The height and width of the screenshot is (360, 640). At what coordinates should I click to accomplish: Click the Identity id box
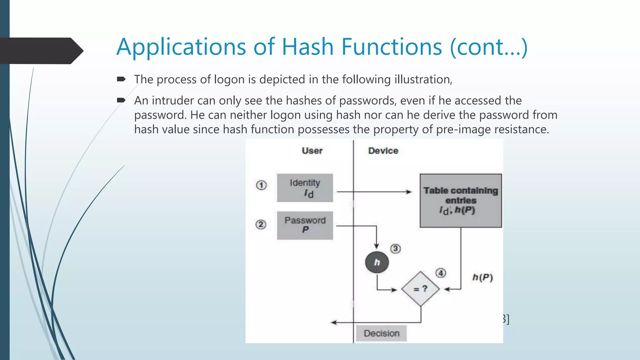305,188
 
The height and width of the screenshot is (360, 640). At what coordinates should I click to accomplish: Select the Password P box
305,225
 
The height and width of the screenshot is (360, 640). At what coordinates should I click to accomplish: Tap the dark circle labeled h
377,262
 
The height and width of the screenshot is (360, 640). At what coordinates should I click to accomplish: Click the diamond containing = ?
420,289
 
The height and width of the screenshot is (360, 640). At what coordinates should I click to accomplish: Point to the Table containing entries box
461,200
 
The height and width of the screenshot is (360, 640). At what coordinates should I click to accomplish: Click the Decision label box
381,333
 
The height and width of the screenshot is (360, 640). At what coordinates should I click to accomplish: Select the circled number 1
262,185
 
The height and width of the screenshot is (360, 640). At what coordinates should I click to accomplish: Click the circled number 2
261,224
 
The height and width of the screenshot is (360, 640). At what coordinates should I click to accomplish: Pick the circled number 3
395,249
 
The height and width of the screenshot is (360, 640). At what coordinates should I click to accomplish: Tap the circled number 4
441,273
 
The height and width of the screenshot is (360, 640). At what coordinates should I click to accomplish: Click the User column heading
312,151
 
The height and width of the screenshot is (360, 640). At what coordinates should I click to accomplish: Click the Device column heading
383,151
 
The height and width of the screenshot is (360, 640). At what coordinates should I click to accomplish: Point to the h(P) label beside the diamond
482,277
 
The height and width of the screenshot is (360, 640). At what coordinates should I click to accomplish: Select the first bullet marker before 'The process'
121,79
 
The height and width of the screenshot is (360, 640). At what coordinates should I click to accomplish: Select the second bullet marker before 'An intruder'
121,100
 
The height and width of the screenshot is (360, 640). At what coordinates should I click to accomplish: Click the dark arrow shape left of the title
41,51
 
